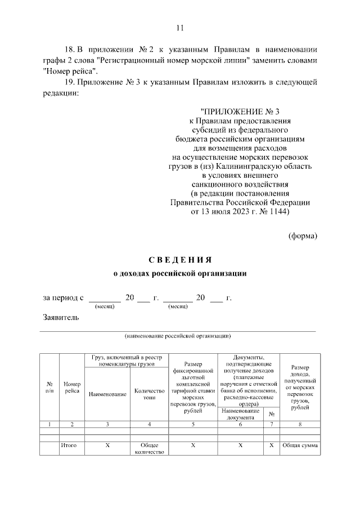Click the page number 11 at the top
(x=180, y=28)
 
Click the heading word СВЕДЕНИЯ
(x=180, y=260)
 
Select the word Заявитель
(x=61, y=317)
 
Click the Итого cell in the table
(x=72, y=445)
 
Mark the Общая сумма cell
(x=300, y=445)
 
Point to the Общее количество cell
(x=149, y=448)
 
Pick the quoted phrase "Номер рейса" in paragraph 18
(x=70, y=71)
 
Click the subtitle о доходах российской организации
(x=180, y=273)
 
